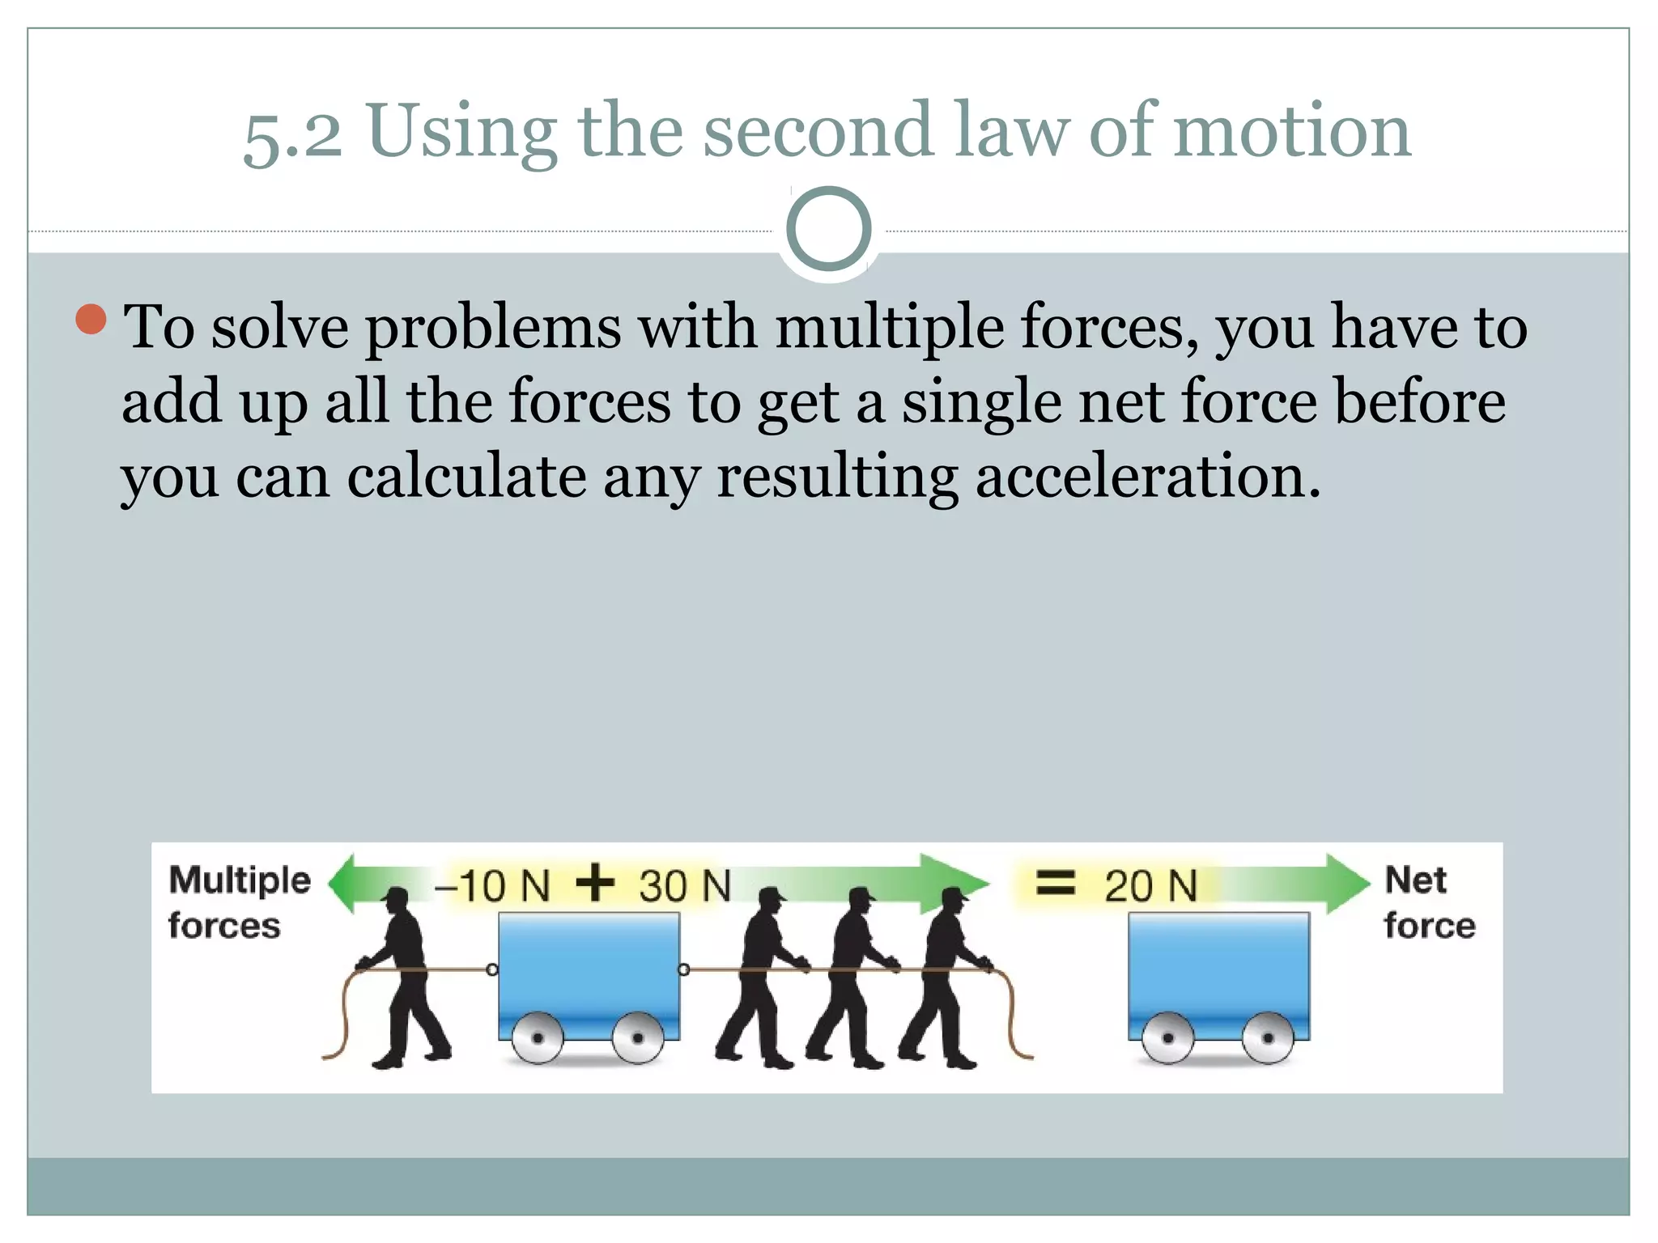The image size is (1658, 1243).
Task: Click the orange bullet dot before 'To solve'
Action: [91, 320]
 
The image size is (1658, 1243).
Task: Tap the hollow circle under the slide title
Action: [828, 229]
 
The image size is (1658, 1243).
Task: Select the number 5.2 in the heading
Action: [292, 135]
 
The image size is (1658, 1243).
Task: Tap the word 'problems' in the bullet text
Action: [494, 328]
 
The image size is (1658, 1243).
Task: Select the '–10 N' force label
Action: [492, 885]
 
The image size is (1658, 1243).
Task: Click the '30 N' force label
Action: [684, 885]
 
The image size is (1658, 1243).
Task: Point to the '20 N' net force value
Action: [1150, 885]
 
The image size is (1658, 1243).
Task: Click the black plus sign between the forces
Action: [595, 882]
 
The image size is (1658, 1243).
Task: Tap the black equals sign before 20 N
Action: [1056, 882]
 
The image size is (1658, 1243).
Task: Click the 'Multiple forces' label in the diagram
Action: [239, 902]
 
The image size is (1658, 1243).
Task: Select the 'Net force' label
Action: [1429, 902]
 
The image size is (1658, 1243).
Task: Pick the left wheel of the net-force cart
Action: [1167, 1037]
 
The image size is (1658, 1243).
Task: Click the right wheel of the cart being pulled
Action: [638, 1037]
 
